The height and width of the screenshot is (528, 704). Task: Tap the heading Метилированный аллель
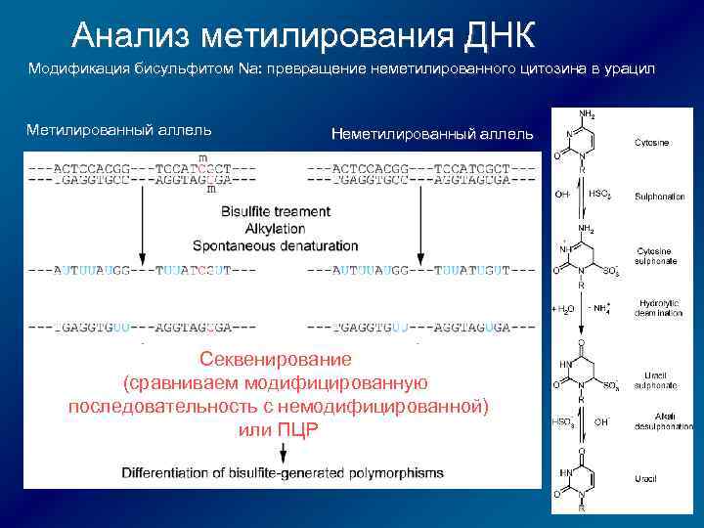[x=118, y=130]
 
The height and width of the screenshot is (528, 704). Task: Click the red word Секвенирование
[x=278, y=359]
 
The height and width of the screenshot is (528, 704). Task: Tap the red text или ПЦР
[x=278, y=430]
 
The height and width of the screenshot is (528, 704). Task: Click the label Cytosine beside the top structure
[x=652, y=143]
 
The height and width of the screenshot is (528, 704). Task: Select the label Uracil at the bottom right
[x=645, y=479]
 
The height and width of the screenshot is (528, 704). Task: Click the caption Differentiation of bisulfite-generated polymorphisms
[x=283, y=473]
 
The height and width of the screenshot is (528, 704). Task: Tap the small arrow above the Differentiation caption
[x=284, y=452]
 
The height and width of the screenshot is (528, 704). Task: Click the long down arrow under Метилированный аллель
[x=144, y=225]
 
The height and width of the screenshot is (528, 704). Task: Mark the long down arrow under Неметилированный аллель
[x=419, y=225]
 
